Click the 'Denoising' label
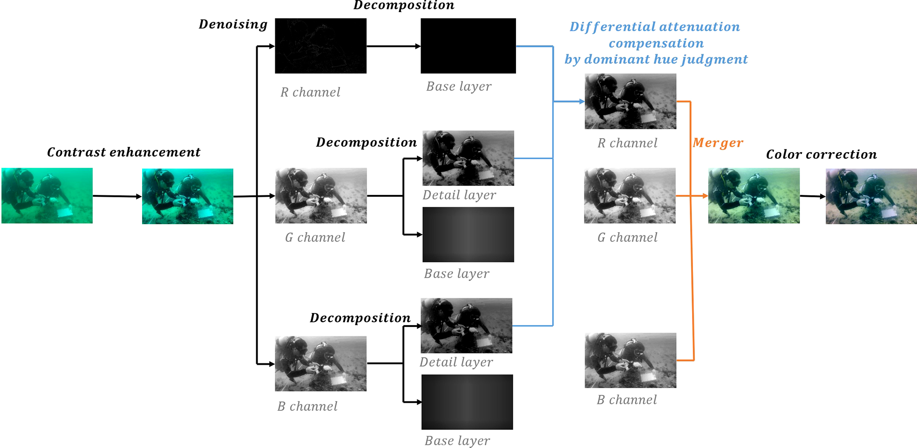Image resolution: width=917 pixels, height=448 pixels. tap(233, 24)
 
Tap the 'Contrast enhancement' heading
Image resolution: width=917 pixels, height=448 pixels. tap(123, 152)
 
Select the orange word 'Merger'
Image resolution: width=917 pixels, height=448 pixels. tap(717, 143)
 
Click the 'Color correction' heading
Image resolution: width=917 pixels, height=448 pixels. tap(821, 154)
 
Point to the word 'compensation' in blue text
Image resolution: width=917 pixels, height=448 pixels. tap(656, 43)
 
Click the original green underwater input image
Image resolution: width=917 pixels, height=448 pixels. tap(47, 196)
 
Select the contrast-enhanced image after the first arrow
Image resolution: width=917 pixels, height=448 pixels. tap(187, 196)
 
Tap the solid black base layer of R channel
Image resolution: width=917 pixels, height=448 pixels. tap(468, 46)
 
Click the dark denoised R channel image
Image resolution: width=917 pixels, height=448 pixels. tap(320, 46)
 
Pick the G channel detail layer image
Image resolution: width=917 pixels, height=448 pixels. tap(468, 158)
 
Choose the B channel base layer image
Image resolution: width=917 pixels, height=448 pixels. tap(467, 402)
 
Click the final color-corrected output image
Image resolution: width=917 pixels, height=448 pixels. tap(871, 196)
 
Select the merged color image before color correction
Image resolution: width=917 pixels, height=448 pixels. tap(754, 196)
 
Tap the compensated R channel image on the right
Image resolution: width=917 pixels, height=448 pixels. tap(630, 101)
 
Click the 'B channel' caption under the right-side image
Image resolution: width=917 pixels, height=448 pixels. tap(627, 400)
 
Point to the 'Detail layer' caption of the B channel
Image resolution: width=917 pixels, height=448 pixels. tap(456, 362)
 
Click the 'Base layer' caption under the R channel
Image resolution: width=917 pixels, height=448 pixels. tap(459, 87)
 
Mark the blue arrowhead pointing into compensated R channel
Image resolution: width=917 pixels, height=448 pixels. tap(582, 101)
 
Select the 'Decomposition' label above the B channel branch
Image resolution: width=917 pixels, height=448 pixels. tap(360, 318)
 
